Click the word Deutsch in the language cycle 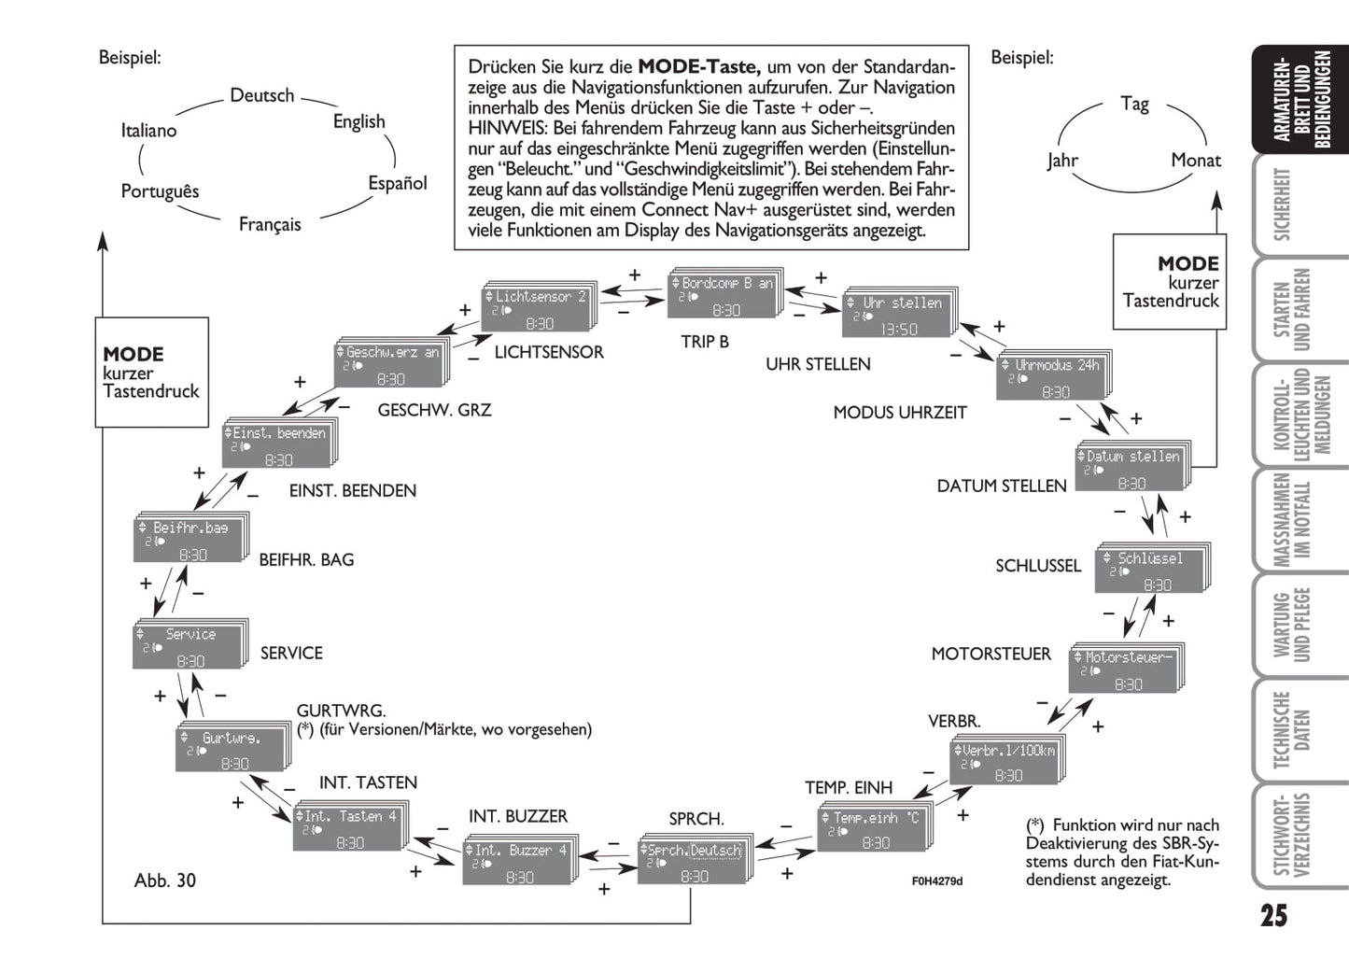(261, 95)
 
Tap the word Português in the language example (160, 191)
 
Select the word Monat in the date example (1196, 161)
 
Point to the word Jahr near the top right (1062, 161)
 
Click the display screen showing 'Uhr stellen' (897, 316)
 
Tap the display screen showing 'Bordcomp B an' (724, 296)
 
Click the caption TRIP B (705, 342)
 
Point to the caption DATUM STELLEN (1001, 486)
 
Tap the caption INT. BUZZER (517, 816)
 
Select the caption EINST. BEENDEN (352, 490)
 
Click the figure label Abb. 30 (165, 880)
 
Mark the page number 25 (1273, 915)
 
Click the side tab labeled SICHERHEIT (1283, 204)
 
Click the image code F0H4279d (936, 881)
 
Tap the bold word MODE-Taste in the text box (699, 67)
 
